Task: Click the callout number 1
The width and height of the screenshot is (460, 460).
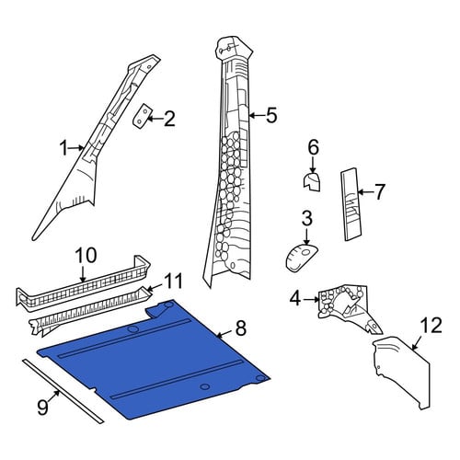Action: coord(63,148)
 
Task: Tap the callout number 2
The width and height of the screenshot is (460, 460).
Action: coord(169,119)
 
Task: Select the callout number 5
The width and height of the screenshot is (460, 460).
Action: coord(271,115)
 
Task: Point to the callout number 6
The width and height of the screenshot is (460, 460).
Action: coord(313,147)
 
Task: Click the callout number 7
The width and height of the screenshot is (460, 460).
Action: coord(379,192)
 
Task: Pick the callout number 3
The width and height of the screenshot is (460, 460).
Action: coord(306,218)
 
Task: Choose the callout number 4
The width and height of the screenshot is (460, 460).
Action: coord(295,298)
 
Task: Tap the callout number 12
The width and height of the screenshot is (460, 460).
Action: coord(431,326)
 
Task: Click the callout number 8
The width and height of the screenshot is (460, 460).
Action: coord(241,328)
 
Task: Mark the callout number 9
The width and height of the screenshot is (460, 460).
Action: coord(43,407)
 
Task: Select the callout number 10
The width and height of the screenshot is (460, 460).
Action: coord(86,256)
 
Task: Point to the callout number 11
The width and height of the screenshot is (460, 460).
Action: coord(173,281)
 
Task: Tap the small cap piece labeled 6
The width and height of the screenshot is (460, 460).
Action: coord(312,181)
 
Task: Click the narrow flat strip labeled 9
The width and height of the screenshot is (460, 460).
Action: coord(63,391)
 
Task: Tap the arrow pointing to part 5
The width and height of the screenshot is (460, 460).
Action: coord(257,116)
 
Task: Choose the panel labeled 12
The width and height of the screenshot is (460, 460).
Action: coord(403,373)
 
